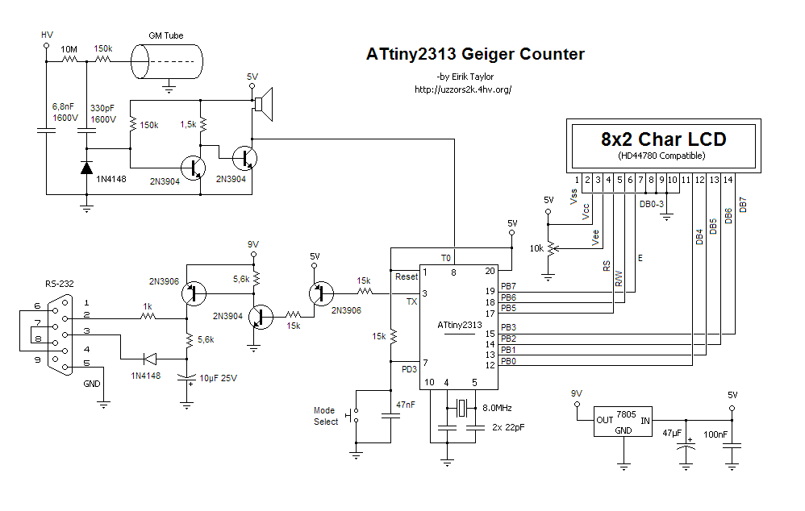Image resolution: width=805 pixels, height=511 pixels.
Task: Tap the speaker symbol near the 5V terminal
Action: click(x=264, y=104)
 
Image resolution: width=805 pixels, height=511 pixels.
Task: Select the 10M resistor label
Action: click(x=69, y=49)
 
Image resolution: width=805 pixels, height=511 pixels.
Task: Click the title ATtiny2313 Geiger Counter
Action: click(x=475, y=54)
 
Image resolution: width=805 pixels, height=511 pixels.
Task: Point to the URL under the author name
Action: click(x=463, y=89)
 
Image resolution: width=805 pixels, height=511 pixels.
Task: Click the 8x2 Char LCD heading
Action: click(x=663, y=139)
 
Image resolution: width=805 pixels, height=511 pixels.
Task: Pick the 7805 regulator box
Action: click(x=624, y=422)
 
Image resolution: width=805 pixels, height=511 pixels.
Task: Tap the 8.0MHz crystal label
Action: click(x=497, y=408)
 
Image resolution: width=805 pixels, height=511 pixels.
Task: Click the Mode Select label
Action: click(x=326, y=416)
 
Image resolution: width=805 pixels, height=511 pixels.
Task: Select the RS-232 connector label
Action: click(x=60, y=284)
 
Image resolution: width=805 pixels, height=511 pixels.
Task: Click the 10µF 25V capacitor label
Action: click(x=219, y=378)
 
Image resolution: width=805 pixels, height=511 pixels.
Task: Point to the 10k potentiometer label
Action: click(x=536, y=248)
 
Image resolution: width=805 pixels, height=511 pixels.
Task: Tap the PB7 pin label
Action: click(x=508, y=286)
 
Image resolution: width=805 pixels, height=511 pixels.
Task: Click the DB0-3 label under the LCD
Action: click(x=652, y=204)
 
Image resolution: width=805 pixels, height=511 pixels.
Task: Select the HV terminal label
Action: click(x=47, y=35)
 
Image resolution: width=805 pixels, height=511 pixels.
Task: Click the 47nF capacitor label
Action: click(x=406, y=405)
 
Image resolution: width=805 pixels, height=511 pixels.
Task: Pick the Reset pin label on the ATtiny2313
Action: click(x=407, y=276)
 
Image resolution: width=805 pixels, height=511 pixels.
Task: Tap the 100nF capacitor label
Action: click(x=715, y=434)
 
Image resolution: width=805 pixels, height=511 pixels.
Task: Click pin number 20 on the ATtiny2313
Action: click(x=490, y=271)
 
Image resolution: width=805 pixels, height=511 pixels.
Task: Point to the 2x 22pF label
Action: click(x=508, y=427)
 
